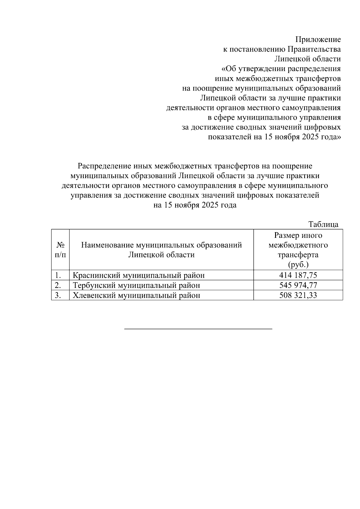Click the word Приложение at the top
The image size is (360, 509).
pos(318,40)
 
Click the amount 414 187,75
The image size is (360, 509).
pos(298,275)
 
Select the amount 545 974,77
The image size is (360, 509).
pos(298,285)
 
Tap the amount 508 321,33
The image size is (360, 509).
pos(298,295)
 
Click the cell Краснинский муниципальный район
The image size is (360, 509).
pos(139,275)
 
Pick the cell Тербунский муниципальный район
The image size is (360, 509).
pos(136,285)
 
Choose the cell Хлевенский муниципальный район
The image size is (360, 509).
pos(136,295)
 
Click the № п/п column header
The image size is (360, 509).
pos(60,250)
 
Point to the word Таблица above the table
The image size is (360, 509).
pos(323,224)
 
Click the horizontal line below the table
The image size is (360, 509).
pos(198,329)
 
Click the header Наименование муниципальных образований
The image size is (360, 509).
pos(161,245)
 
